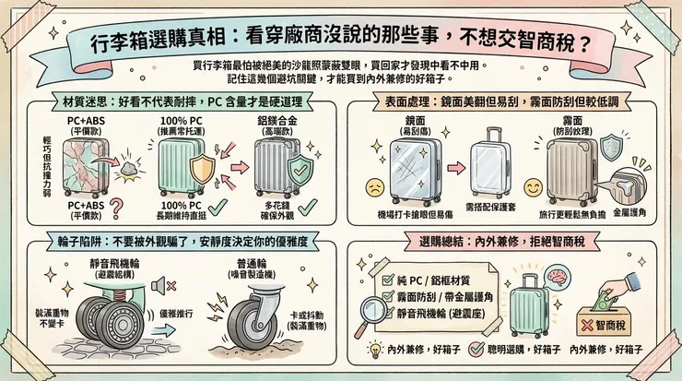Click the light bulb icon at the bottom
pos(375,350)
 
